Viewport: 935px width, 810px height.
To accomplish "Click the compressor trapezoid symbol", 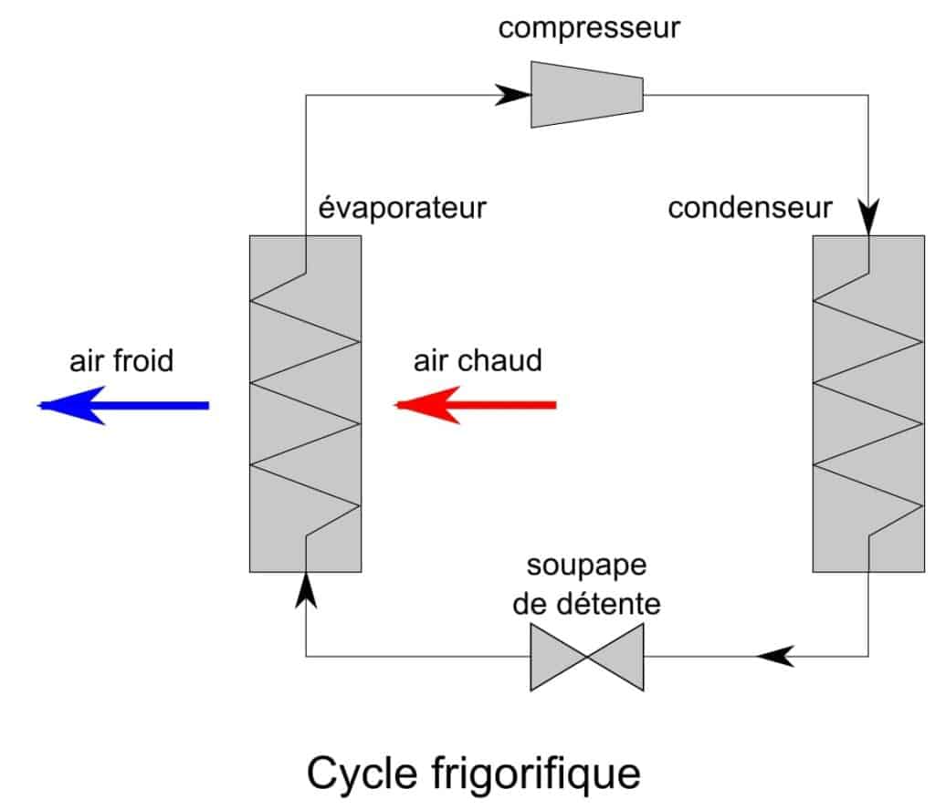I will [x=587, y=94].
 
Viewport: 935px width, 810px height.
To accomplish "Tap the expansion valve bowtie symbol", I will [x=587, y=657].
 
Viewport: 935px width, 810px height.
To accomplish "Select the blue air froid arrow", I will [x=124, y=405].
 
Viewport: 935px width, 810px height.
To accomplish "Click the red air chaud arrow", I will [x=476, y=404].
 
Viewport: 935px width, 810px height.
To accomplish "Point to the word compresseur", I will [x=589, y=27].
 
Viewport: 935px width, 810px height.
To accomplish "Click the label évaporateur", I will [x=402, y=207].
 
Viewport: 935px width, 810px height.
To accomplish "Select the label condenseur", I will [x=750, y=207].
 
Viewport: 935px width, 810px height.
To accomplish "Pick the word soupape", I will [x=587, y=565].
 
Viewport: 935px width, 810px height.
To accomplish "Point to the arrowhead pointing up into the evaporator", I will [x=306, y=588].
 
